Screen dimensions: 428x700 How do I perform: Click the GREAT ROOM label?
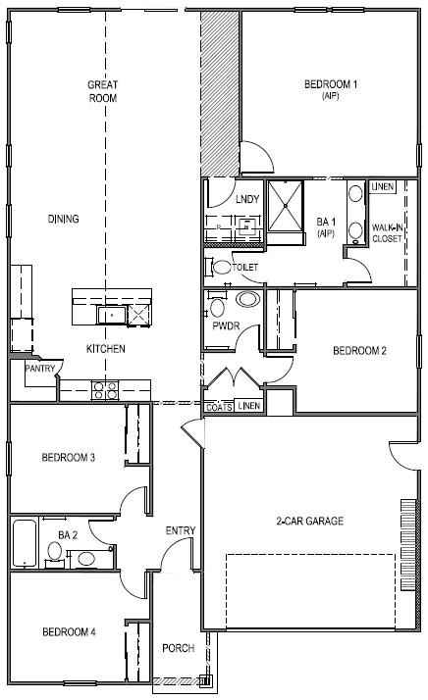[102, 91]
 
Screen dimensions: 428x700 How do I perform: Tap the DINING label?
[64, 219]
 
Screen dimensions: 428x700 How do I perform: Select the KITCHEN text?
[106, 349]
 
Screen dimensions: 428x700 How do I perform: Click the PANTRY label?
[40, 369]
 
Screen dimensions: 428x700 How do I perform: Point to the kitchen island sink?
[112, 315]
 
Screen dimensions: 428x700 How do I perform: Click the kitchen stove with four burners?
[105, 390]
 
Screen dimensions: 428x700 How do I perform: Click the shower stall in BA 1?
[286, 206]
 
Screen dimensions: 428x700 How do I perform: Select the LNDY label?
[247, 199]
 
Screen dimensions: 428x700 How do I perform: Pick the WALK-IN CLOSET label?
[387, 233]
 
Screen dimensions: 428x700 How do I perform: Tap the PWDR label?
[226, 325]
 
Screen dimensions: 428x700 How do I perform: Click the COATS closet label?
[219, 408]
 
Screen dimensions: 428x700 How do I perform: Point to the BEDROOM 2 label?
[359, 350]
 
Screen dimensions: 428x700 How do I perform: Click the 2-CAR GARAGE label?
[310, 521]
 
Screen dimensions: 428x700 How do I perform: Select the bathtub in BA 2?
[25, 543]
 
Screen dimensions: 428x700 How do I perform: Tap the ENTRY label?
[181, 530]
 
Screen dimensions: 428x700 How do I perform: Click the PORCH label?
[179, 648]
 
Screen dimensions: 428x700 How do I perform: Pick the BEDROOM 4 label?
[69, 631]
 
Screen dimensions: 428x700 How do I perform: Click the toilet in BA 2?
[55, 553]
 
